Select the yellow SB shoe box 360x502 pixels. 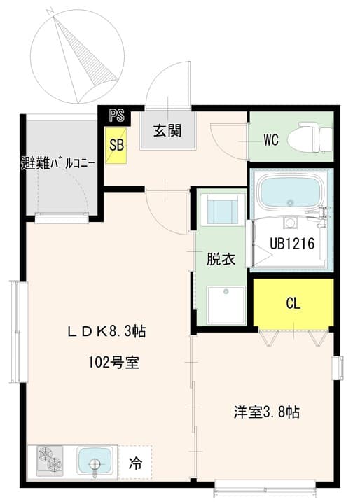tap(116, 145)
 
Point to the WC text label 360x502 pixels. tap(270, 139)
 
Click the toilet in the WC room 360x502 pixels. tap(312, 137)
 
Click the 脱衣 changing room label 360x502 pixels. tap(220, 259)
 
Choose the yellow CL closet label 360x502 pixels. tap(293, 304)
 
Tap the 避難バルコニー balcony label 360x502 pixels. tap(57, 165)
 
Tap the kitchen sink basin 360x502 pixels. tap(94, 462)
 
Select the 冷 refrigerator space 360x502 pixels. tap(133, 463)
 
